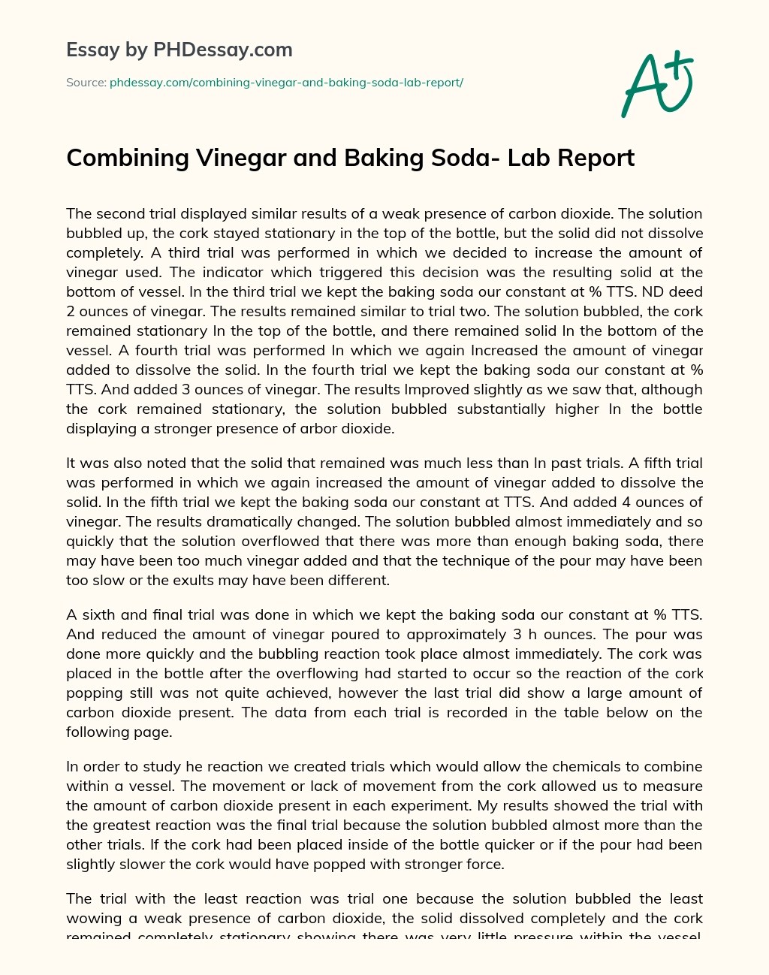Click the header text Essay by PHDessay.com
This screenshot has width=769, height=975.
pos(179,50)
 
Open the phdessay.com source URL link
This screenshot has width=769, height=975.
pos(286,83)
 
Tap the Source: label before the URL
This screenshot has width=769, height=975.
pos(86,83)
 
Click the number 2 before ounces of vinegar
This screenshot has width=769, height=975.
pos(70,311)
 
